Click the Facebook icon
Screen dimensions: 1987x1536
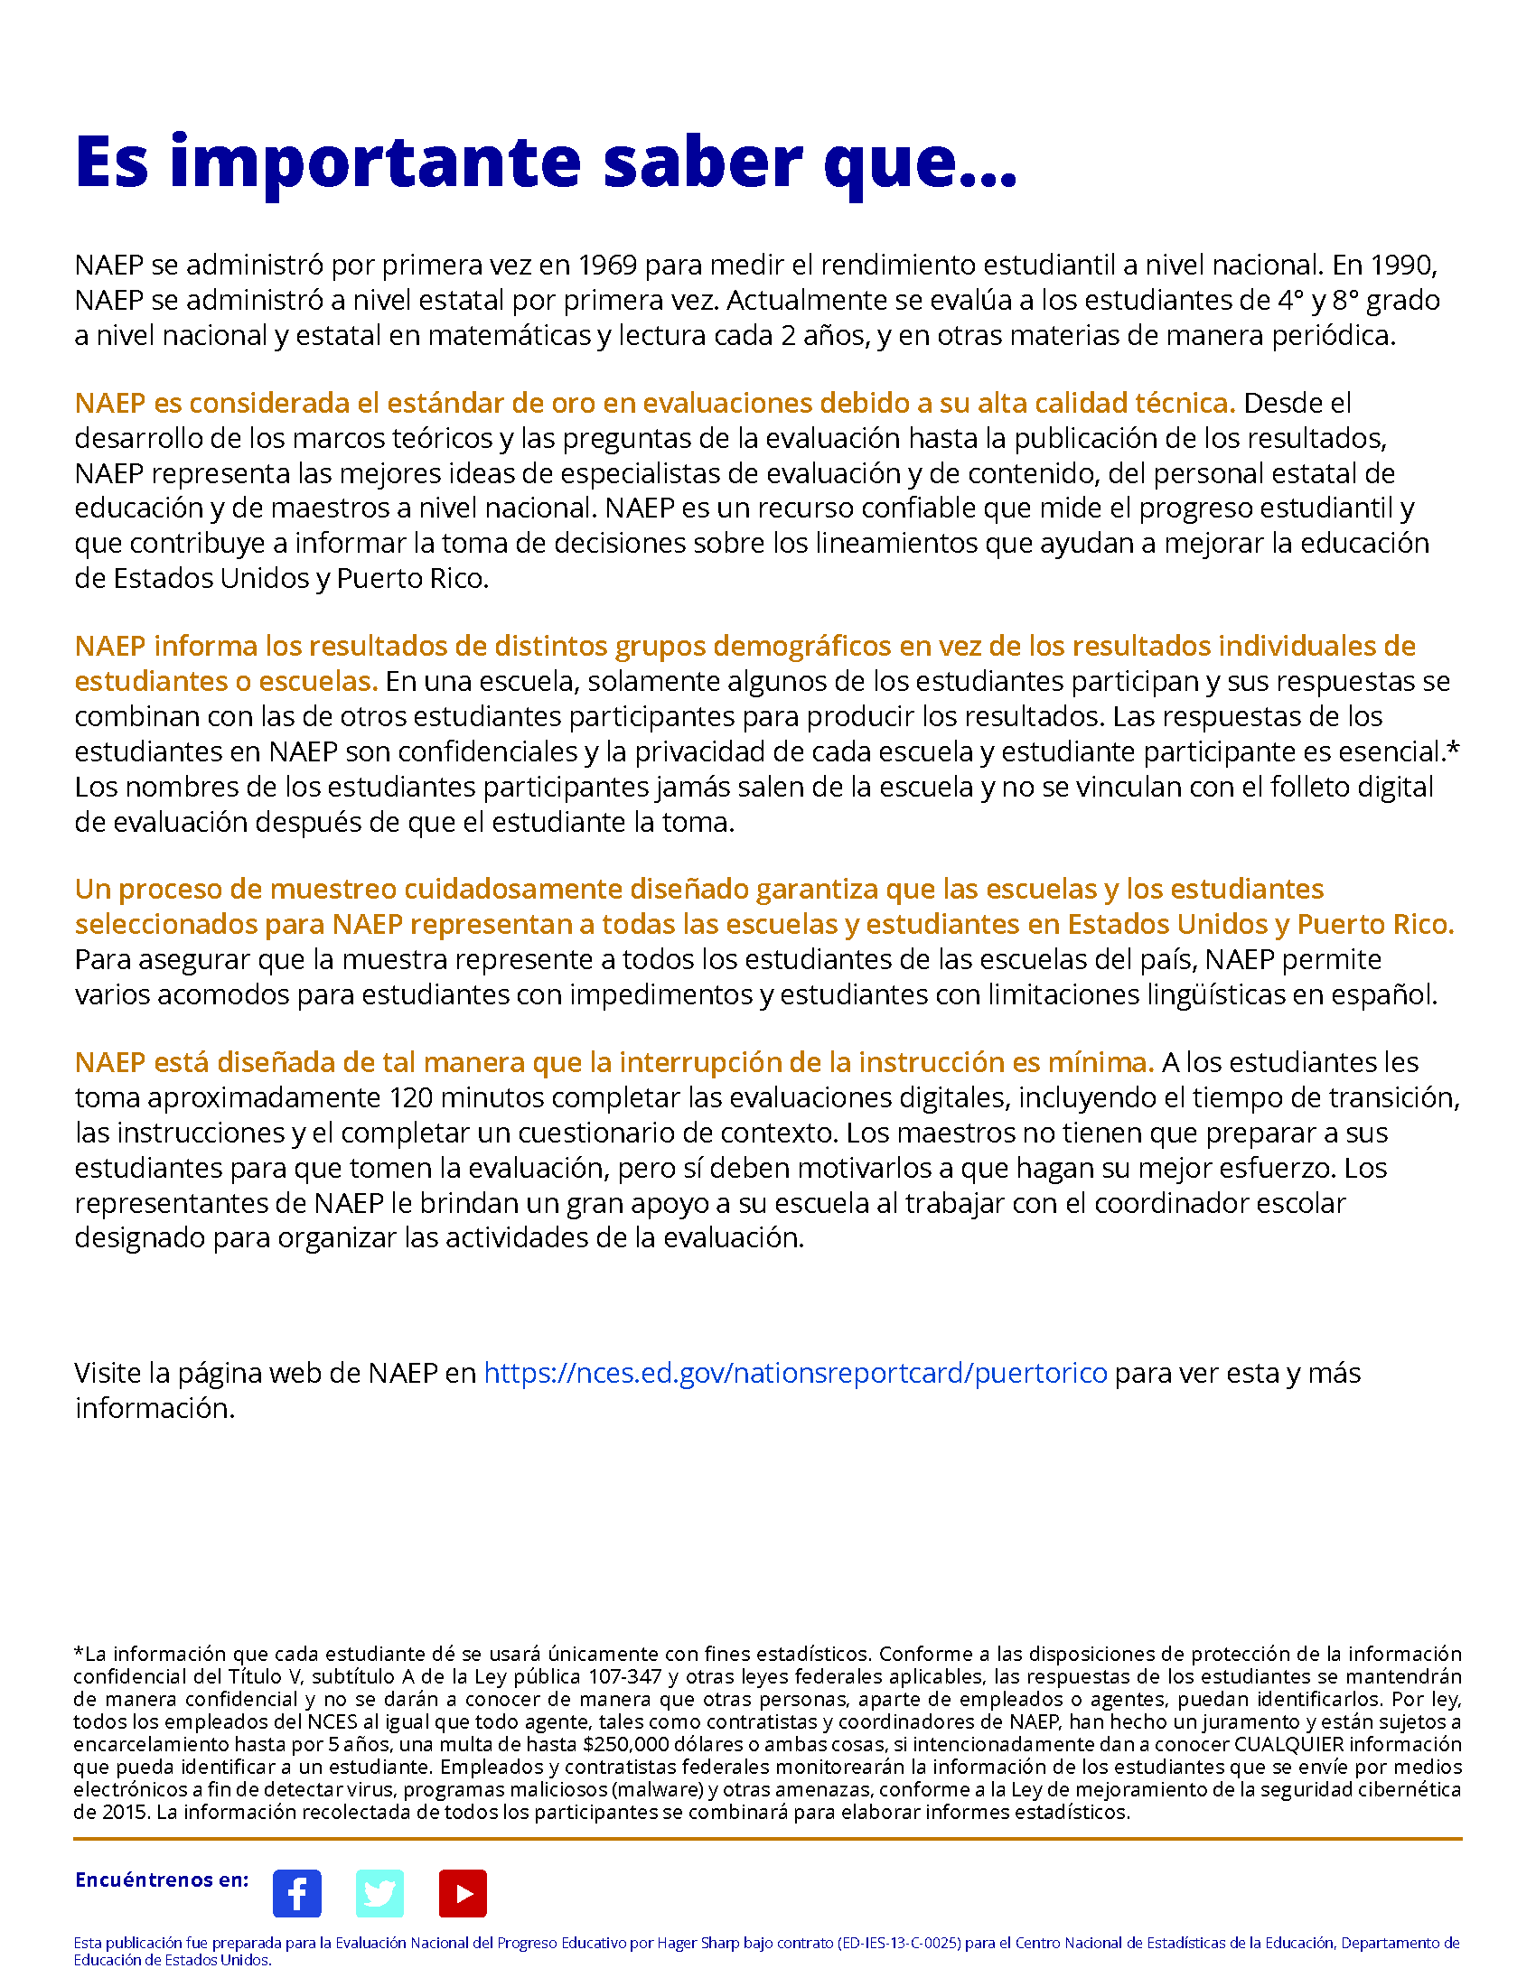[x=296, y=1893]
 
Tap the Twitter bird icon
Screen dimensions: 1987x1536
[x=379, y=1893]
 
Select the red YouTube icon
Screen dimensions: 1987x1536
[x=463, y=1893]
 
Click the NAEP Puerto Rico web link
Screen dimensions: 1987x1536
[x=795, y=1372]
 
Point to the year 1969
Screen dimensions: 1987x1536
[x=607, y=265]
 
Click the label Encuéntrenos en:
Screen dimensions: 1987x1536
[x=162, y=1880]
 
